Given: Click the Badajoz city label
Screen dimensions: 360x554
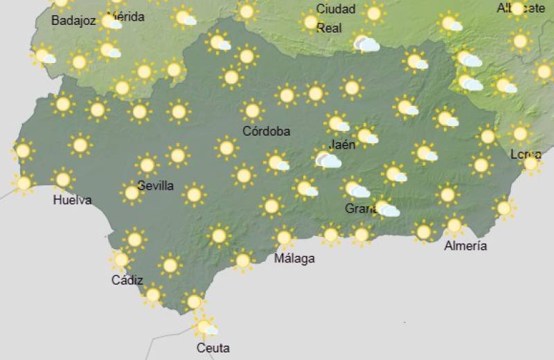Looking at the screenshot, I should pos(73,21).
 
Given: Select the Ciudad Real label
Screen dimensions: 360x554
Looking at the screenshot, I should pos(336,19).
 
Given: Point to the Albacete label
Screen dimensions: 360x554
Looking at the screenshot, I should pos(521,8).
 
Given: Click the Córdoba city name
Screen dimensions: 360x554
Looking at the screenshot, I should pos(267,131).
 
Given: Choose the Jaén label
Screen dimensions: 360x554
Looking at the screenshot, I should pos(343,145).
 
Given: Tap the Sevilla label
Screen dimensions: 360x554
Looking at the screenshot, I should pos(156,186).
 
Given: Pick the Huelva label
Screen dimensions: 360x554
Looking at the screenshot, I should pos(72,201).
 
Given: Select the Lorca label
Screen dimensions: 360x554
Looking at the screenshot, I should pos(526,154).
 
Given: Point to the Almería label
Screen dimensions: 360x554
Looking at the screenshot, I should pos(465,246).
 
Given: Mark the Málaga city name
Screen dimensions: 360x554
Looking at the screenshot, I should pos(294,259).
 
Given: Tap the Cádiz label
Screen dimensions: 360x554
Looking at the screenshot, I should pos(127,280).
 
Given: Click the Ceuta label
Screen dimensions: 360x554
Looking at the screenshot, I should pos(213,348).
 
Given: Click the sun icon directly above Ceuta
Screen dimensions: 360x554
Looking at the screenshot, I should pos(204,325).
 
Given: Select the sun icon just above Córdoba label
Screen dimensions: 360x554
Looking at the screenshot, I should pos(253,109).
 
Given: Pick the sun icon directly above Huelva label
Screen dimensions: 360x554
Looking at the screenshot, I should pos(63,179).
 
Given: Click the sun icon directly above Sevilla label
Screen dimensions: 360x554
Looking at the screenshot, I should pos(147,165).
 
